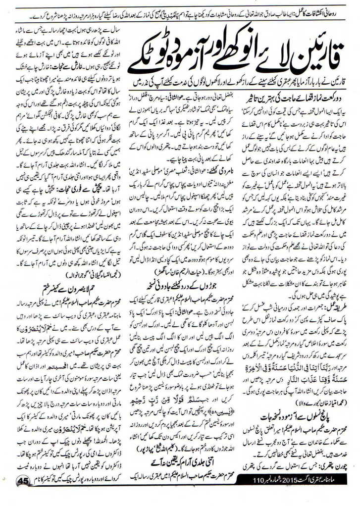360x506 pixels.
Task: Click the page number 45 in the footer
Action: click(x=23, y=481)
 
